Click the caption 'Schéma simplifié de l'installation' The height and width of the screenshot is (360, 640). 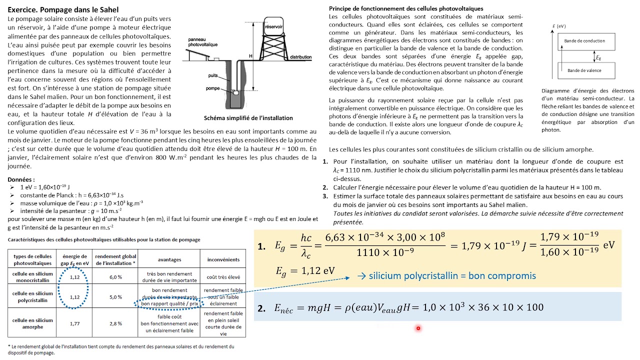click(248, 118)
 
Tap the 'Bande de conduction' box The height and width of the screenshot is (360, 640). click(584, 41)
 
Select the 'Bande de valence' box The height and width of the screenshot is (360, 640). click(584, 70)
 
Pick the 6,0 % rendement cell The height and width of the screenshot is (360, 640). click(116, 276)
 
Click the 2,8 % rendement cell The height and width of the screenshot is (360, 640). click(116, 323)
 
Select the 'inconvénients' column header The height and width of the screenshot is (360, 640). click(223, 259)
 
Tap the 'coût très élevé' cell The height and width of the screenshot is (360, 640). click(223, 276)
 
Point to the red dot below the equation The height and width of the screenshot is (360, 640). click(418, 328)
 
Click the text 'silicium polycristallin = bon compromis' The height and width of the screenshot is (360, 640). click(452, 275)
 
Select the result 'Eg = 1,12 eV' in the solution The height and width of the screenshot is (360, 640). click(305, 271)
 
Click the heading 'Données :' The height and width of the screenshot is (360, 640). click(21, 179)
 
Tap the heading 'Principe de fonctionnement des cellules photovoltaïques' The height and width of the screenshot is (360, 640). click(406, 8)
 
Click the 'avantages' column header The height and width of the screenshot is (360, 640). click(169, 259)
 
